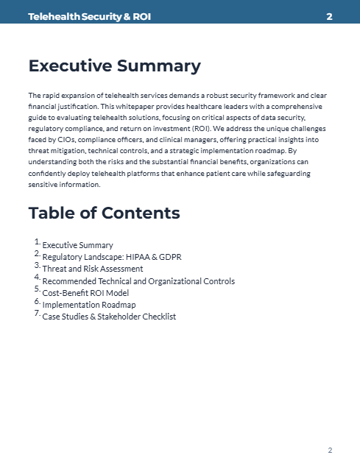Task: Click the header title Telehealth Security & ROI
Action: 89,16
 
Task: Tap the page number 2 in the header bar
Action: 329,16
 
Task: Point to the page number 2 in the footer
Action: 330,450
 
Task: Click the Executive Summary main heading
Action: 114,66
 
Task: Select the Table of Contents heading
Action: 104,213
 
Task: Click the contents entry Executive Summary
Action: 78,245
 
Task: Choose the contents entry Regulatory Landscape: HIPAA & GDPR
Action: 112,257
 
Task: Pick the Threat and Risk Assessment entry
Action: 93,269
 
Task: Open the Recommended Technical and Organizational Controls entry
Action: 138,280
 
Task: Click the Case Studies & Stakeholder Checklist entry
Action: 109,317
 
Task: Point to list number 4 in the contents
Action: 37,278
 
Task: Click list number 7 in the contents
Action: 37,313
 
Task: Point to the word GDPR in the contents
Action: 169,257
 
